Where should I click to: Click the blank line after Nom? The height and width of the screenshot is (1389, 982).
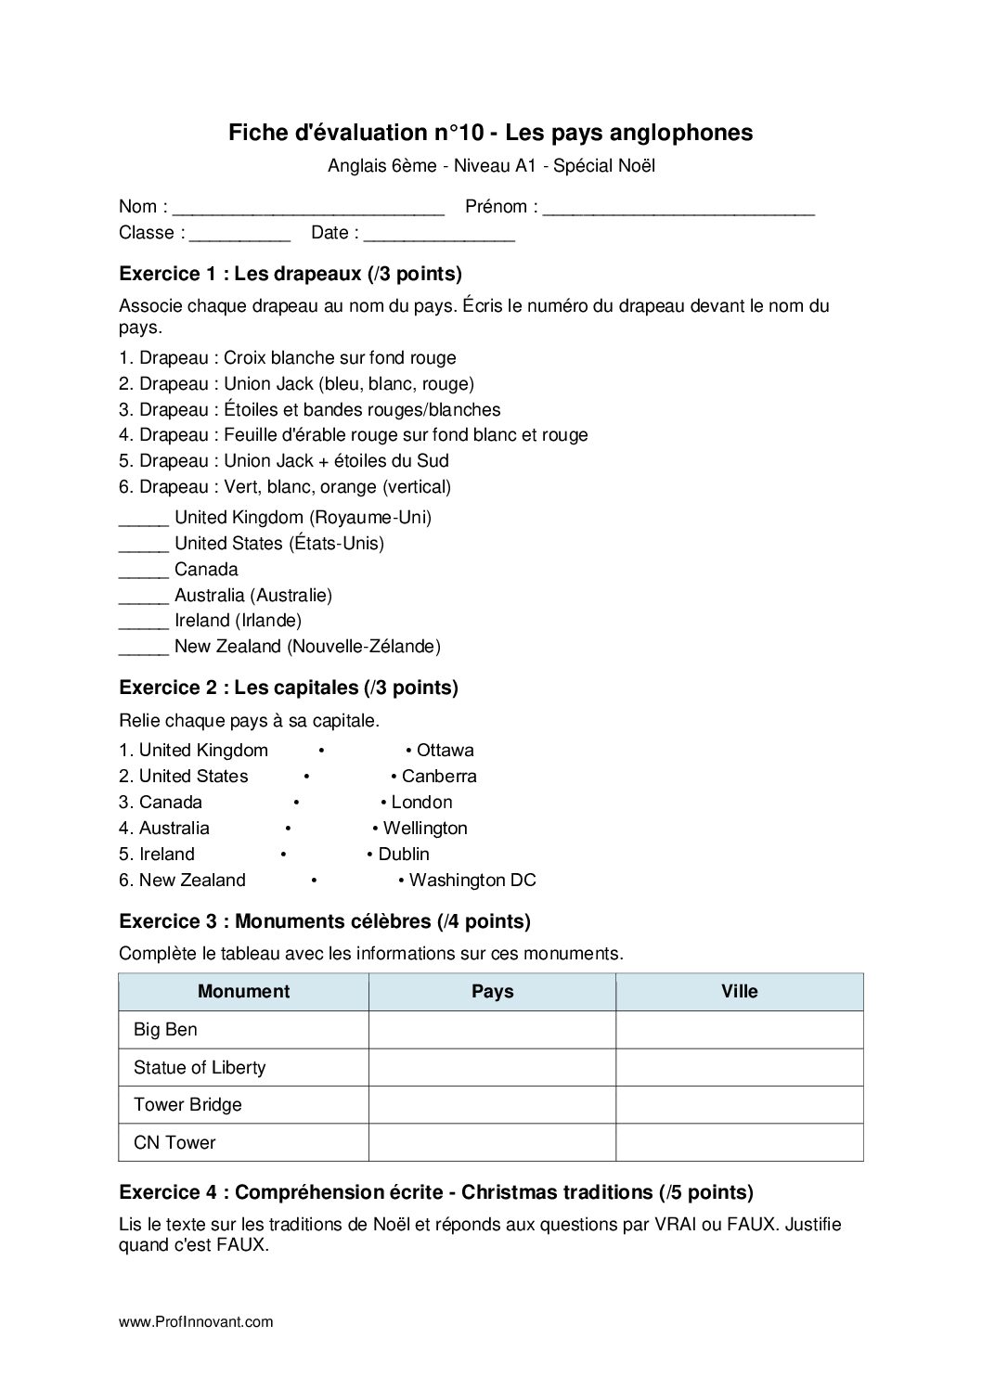309,209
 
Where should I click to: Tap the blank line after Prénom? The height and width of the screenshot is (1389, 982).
678,209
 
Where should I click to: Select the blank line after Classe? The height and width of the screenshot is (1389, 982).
239,235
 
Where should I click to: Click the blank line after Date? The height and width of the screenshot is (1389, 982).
439,235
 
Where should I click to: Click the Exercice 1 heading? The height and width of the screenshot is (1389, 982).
291,274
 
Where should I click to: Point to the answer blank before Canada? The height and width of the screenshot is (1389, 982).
144,571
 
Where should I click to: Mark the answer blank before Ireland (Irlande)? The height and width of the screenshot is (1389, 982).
144,622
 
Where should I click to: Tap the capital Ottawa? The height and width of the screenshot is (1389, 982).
445,750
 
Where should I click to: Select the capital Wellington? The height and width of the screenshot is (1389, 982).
425,828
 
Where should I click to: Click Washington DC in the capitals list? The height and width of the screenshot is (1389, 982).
472,880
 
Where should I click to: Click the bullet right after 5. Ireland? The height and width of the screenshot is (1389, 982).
283,855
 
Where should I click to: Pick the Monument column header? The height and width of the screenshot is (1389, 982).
243,991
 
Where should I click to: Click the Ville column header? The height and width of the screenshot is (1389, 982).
740,991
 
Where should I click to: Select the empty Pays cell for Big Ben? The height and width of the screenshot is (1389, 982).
492,1030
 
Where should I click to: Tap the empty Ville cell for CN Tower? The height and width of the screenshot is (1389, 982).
740,1142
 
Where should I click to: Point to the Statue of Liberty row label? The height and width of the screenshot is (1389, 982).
200,1067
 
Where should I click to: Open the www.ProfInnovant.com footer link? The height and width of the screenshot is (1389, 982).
196,1322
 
